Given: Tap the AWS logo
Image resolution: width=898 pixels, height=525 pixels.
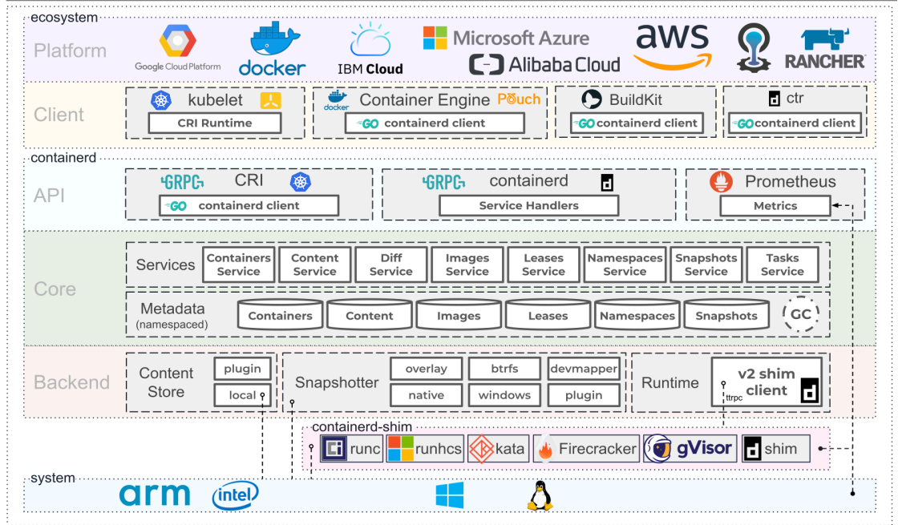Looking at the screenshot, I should point(672,46).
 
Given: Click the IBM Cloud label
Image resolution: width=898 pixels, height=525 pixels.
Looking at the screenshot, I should point(370,69).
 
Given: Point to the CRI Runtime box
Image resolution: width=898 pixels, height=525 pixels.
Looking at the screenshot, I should point(214,123).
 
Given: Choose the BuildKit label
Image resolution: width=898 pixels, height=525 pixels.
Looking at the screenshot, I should point(636,100).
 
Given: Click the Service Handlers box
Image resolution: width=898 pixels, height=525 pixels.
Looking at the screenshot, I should point(528,205).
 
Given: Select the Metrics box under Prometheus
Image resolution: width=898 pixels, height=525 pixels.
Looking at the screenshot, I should point(775,206).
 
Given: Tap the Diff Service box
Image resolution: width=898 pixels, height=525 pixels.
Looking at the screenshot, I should point(390,265).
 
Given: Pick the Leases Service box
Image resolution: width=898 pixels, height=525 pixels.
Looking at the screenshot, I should point(544,265).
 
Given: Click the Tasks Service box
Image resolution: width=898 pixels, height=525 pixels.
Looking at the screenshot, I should point(782,265).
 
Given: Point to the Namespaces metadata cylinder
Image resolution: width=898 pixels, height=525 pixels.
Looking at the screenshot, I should point(637,316).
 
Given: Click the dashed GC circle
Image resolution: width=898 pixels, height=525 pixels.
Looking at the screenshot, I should point(801,315).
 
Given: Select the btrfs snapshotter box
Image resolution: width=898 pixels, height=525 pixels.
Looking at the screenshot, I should point(504,369).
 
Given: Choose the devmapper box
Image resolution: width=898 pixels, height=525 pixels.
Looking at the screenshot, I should point(584,369).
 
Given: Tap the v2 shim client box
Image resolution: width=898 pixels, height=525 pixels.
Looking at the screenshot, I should point(767,382).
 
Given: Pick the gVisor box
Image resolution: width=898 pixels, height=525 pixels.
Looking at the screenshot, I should point(690,448).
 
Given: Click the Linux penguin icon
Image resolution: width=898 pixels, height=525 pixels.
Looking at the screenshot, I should point(540,495).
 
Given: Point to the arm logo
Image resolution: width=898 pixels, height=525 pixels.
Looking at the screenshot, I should point(155,495).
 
